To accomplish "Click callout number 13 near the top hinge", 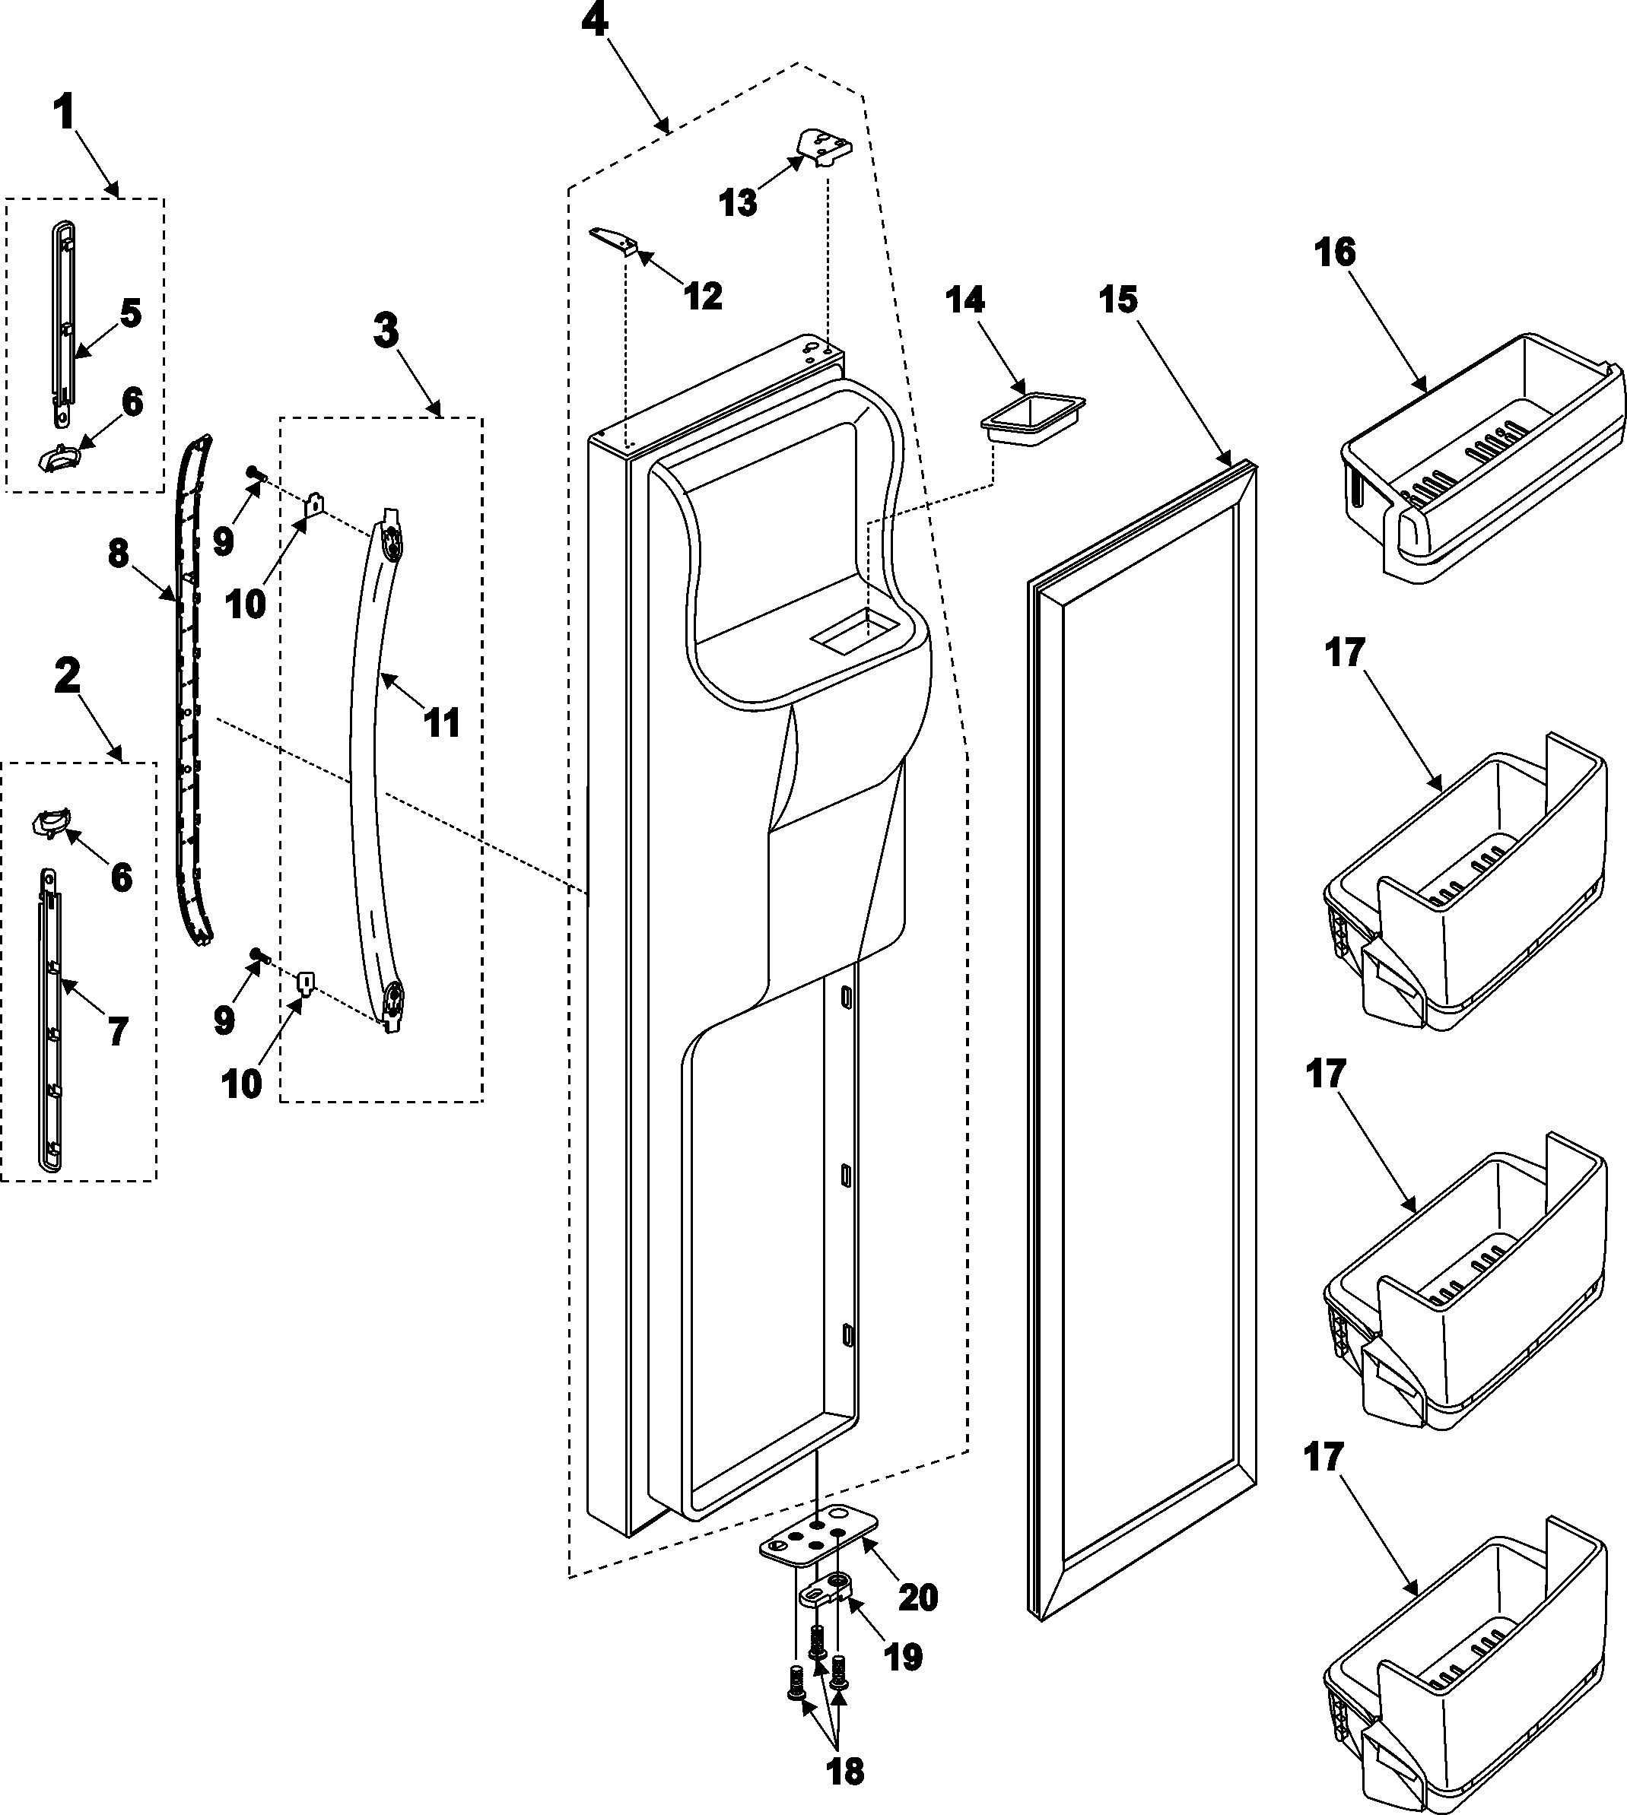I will [x=738, y=203].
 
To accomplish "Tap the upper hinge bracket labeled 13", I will [x=823, y=144].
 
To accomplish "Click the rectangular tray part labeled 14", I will [x=1031, y=417].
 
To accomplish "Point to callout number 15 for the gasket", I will [x=1118, y=300].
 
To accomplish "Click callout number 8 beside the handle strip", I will [x=119, y=554].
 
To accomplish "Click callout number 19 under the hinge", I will [x=902, y=1657].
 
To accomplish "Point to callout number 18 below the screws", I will [x=845, y=1770].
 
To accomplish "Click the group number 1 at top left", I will [x=63, y=114].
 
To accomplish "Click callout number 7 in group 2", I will [x=118, y=1031].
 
